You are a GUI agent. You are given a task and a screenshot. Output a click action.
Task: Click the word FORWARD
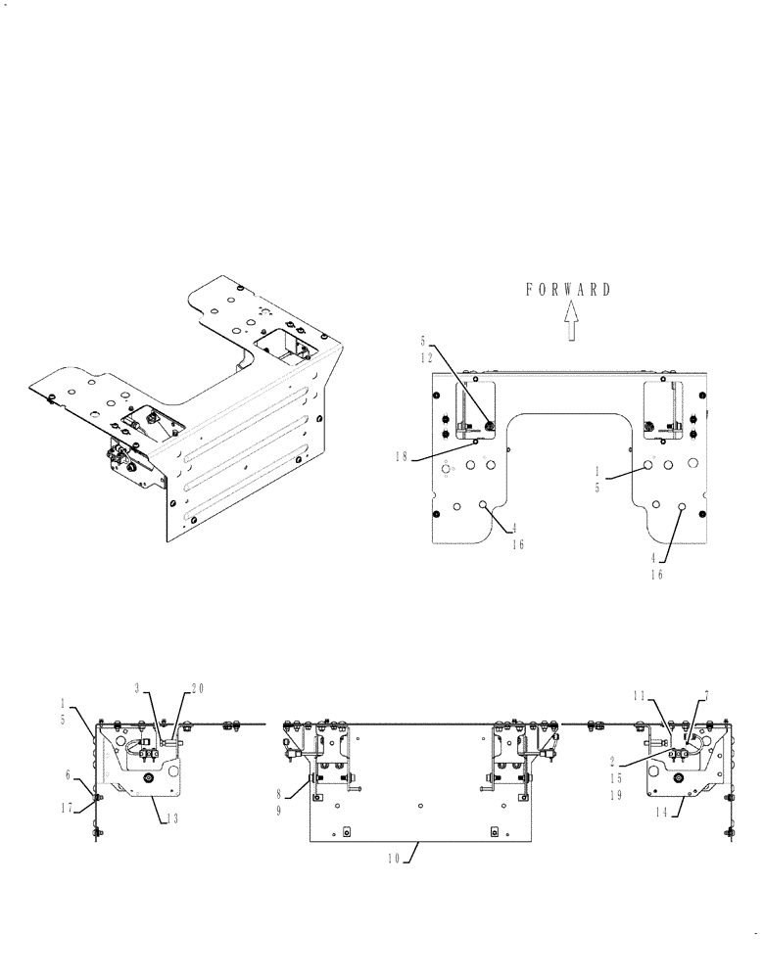[x=568, y=290]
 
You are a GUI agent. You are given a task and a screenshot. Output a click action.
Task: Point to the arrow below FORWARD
[x=570, y=321]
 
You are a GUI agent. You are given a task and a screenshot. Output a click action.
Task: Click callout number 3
[x=139, y=689]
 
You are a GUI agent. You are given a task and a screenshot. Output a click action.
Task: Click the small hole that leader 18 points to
[x=475, y=443]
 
